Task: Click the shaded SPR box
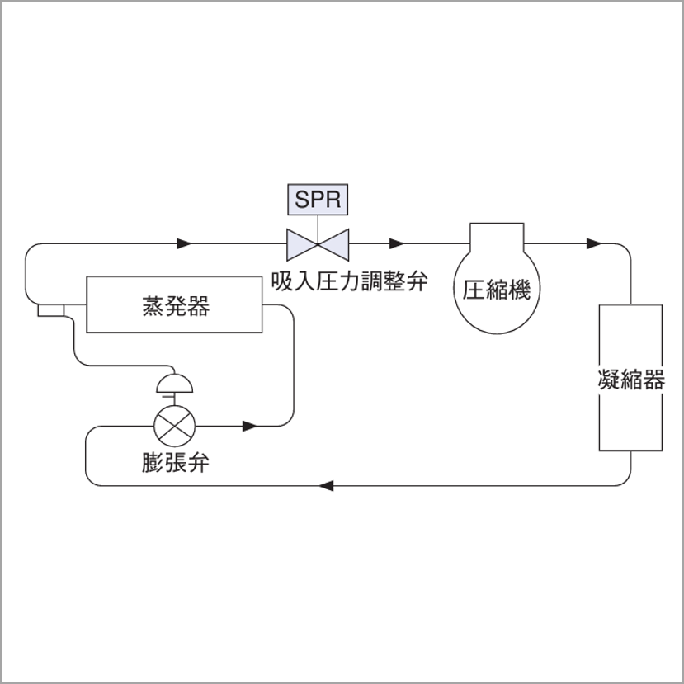coord(318,199)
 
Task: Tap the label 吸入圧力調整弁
coord(351,282)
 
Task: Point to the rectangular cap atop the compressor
coord(496,234)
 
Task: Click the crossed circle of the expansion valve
coord(176,427)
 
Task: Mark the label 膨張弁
coord(175,463)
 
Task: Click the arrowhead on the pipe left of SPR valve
coord(185,243)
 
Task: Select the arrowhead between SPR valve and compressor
coord(397,243)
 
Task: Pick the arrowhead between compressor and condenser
coord(593,243)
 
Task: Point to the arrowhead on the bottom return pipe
coord(327,485)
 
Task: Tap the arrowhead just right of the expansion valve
coord(250,427)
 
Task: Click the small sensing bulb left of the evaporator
coord(50,309)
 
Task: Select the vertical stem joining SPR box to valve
coord(318,220)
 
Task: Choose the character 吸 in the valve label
coord(281,282)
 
